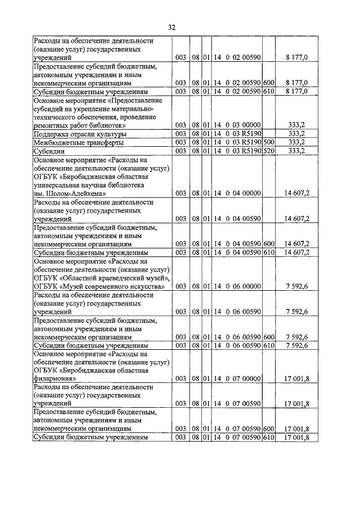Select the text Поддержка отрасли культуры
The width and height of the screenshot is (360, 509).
(80, 134)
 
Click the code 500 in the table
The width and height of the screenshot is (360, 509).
(269, 142)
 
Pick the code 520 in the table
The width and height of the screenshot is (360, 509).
(269, 151)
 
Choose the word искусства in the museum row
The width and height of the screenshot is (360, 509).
(144, 286)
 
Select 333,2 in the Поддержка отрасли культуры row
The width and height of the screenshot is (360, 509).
(296, 134)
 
